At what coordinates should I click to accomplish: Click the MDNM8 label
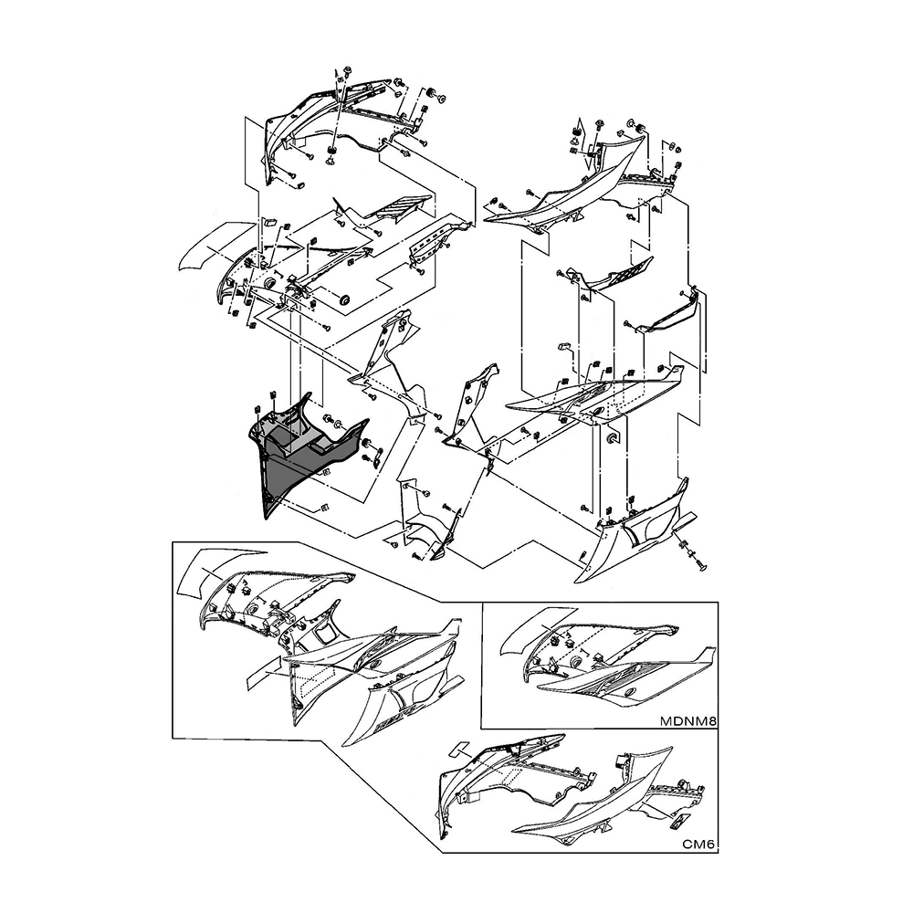(x=687, y=721)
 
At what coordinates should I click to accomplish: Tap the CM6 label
(x=698, y=845)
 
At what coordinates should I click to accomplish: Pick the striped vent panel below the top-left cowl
(x=401, y=207)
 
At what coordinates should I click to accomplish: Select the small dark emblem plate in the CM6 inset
(x=680, y=822)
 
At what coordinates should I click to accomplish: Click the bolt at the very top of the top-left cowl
(x=345, y=71)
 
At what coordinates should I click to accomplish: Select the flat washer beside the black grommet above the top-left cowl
(x=441, y=99)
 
